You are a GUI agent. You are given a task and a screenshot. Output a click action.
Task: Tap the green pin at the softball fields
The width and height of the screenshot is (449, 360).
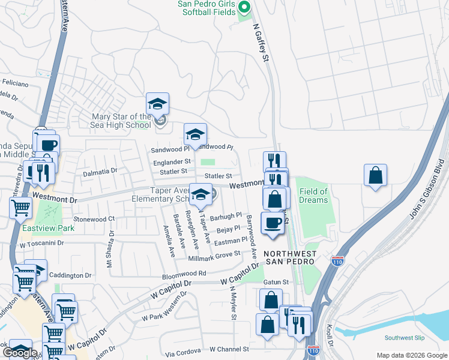pyautogui.click(x=244, y=8)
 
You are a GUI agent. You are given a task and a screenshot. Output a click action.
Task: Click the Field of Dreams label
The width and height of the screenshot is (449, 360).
pyautogui.click(x=314, y=196)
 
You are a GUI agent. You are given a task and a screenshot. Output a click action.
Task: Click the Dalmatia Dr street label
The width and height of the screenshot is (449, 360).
pyautogui.click(x=100, y=171)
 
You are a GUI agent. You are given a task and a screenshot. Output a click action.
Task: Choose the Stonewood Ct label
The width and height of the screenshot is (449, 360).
pyautogui.click(x=94, y=220)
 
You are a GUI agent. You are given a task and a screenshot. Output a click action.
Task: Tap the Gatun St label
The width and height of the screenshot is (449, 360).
pyautogui.click(x=276, y=281)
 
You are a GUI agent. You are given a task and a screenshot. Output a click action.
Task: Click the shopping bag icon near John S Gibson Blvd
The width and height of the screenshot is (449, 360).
pyautogui.click(x=375, y=176)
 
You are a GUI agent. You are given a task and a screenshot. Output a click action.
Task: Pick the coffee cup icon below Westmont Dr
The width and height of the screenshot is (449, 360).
pyautogui.click(x=274, y=223)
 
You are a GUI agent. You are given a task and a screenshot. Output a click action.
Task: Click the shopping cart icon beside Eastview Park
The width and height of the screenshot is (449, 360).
pyautogui.click(x=21, y=208)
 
